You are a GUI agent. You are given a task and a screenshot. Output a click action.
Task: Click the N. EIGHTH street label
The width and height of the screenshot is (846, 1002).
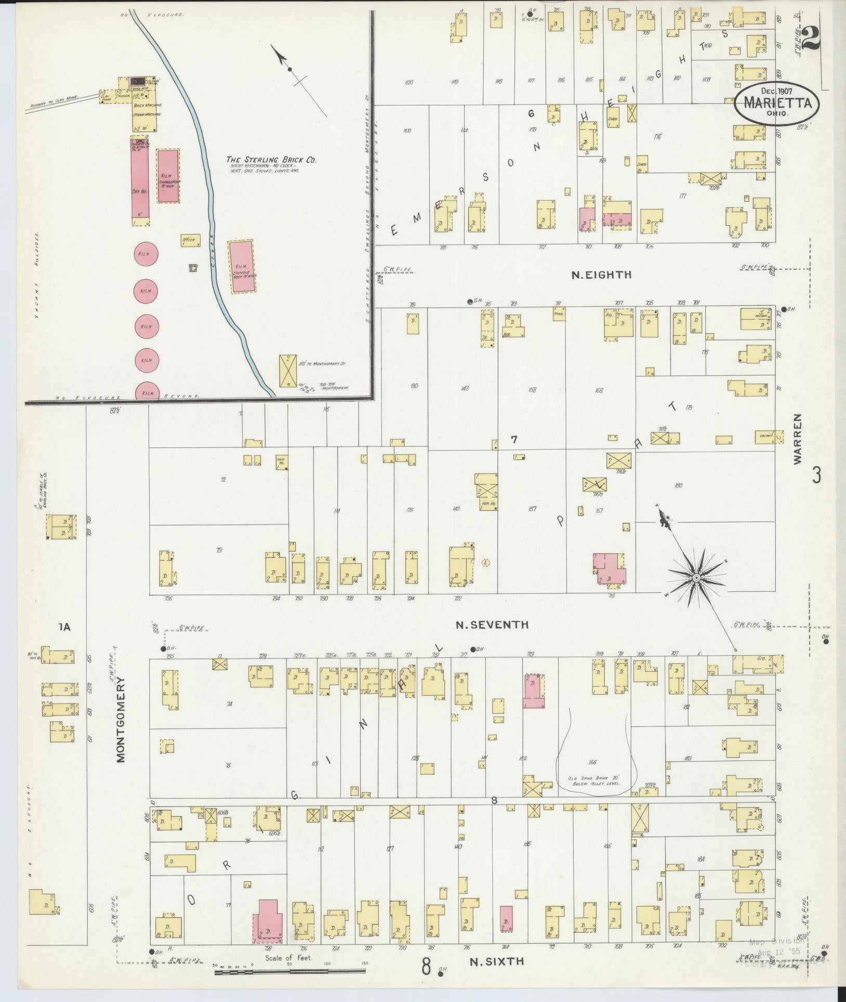point(601,275)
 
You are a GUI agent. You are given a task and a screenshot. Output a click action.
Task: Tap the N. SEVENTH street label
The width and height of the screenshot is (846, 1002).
point(492,625)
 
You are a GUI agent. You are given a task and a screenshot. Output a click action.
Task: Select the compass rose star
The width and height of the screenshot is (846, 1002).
point(695,578)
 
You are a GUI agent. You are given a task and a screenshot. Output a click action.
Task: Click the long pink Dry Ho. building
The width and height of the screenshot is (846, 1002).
point(139,180)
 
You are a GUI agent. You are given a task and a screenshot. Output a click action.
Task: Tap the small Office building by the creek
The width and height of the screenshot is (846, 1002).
point(189,240)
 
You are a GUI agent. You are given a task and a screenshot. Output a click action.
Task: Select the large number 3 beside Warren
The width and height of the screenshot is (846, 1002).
point(817,475)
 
